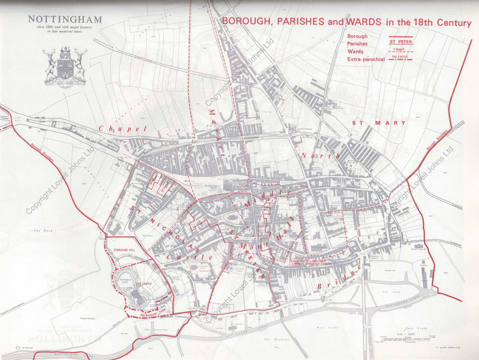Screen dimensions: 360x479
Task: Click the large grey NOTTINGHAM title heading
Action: click(65, 19)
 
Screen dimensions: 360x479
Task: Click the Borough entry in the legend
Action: click(358, 36)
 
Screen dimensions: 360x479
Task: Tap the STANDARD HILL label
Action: click(124, 249)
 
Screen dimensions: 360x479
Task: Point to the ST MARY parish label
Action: click(379, 122)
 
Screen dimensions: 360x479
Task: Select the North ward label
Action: click(320, 156)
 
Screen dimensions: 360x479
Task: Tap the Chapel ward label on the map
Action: click(123, 129)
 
